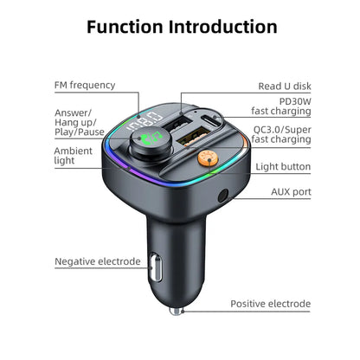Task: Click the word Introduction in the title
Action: [x=228, y=26]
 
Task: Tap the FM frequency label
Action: [x=84, y=85]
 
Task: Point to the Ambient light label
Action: [x=73, y=156]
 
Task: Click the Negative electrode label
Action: [x=97, y=260]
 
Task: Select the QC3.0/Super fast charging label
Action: [x=281, y=133]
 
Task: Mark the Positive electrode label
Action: [x=269, y=304]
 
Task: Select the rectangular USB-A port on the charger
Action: [x=171, y=131]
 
